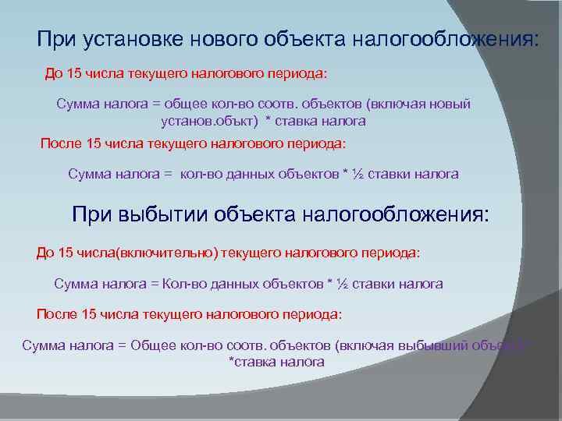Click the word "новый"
451,104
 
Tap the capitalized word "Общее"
155,345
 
